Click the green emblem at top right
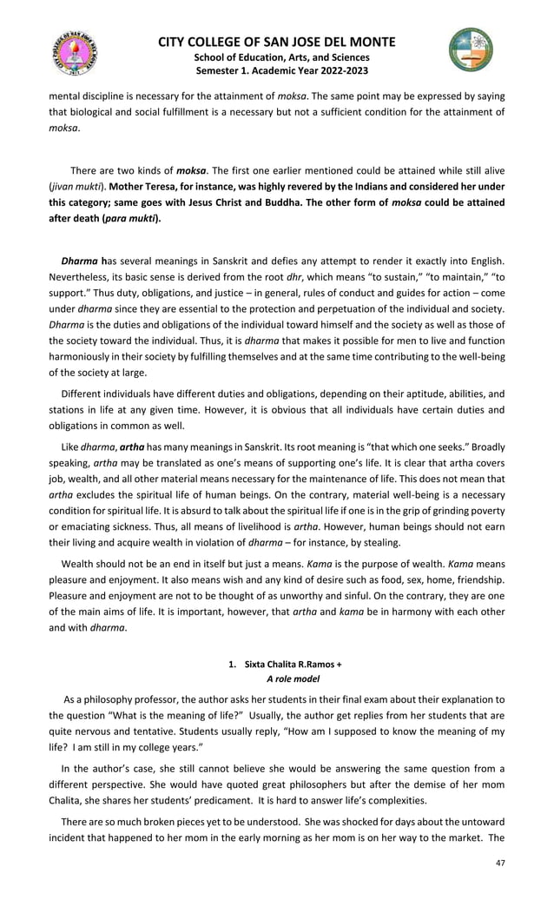tap(470, 49)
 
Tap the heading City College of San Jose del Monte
tap(277, 42)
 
